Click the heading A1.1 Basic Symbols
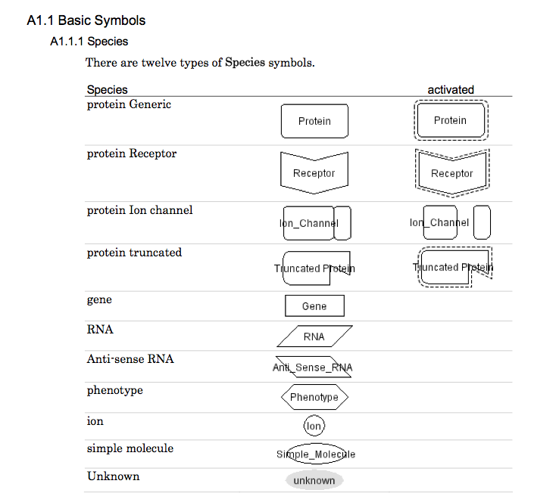(86, 20)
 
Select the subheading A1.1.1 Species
(89, 42)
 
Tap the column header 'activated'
(451, 89)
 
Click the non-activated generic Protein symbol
(314, 121)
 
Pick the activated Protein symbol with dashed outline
(451, 120)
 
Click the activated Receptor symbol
(452, 172)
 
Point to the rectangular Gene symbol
(314, 306)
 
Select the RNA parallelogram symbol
(314, 336)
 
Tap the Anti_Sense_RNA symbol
(313, 367)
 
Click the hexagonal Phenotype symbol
(314, 397)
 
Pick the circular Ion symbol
(314, 426)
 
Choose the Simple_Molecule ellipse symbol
(316, 454)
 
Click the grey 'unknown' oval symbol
(314, 480)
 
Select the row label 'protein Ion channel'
(139, 210)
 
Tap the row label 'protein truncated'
(134, 253)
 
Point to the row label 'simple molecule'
(130, 448)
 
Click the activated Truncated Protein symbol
(453, 267)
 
